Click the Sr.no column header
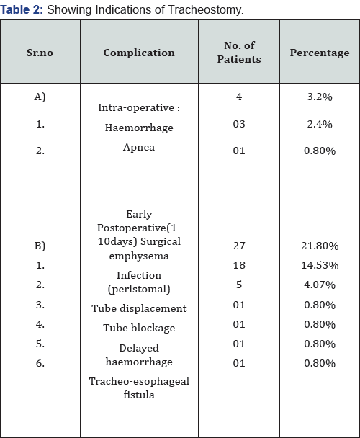tap(40, 53)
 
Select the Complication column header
tap(139, 53)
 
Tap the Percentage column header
tap(320, 53)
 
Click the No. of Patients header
tap(239, 53)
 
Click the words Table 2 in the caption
tap(22, 9)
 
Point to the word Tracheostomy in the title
tap(205, 10)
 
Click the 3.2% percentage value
tap(320, 97)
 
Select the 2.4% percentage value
tap(320, 124)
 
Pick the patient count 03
tap(239, 124)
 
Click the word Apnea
tap(139, 147)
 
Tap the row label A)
tap(40, 97)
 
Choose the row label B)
tap(40, 246)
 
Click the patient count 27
tap(239, 246)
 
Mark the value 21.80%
tap(320, 246)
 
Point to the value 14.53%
tap(320, 265)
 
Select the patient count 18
tap(239, 265)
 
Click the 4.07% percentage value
tap(320, 285)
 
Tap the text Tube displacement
tap(139, 308)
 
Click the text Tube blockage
tap(139, 328)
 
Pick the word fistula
tap(139, 395)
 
